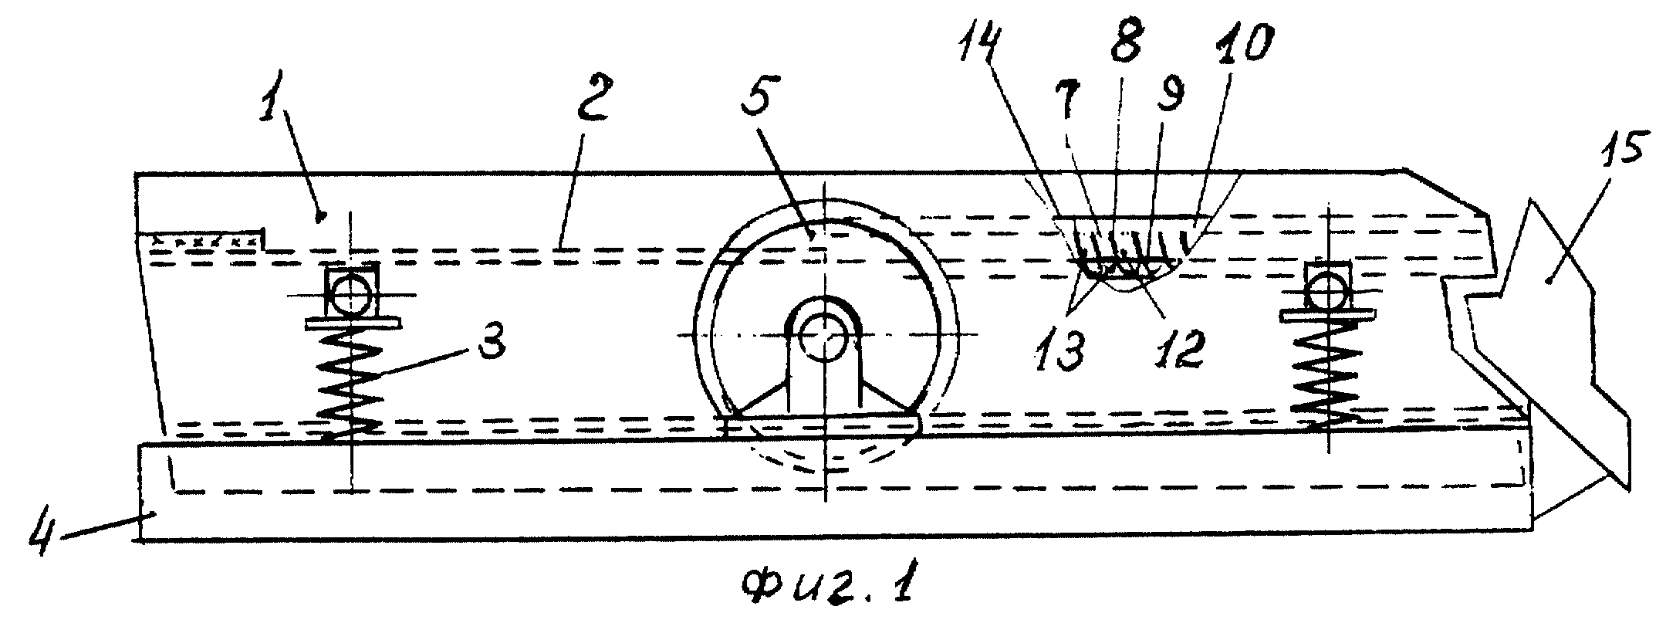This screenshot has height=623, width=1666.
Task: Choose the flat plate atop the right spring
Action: click(1327, 315)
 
